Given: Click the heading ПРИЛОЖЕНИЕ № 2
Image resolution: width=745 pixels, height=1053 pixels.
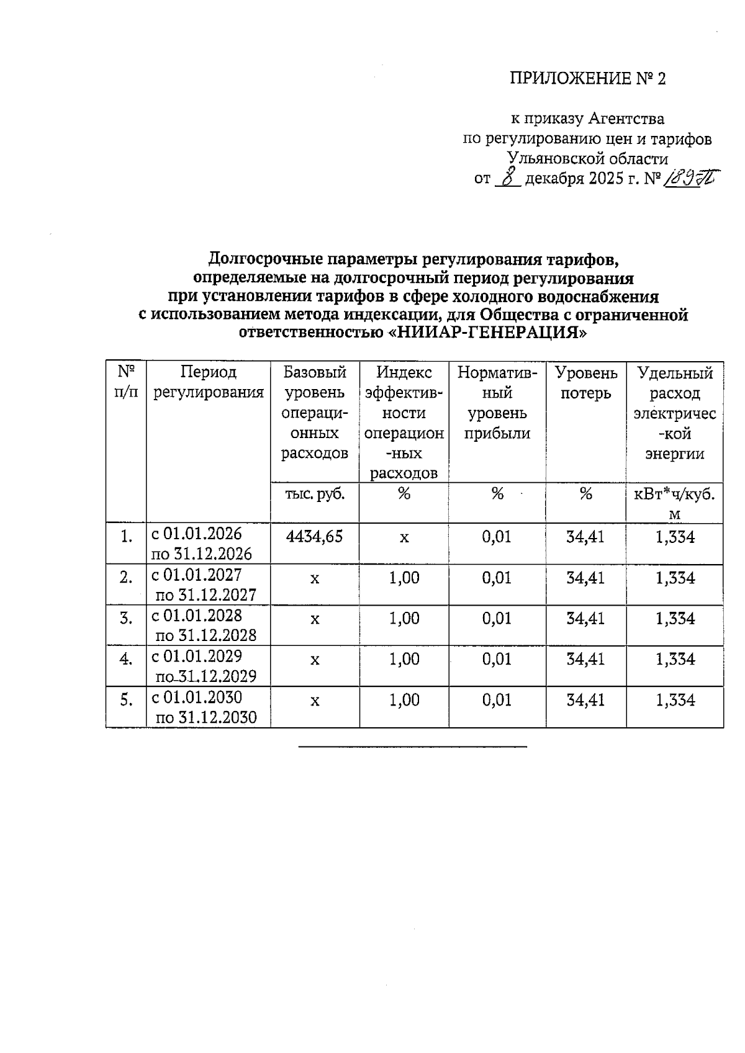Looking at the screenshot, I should [587, 79].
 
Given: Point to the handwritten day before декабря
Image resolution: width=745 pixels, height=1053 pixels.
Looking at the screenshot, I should [508, 179].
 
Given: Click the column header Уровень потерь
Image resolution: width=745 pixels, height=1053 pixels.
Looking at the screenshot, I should [586, 383].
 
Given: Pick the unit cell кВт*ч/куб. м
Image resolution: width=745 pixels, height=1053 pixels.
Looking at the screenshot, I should [675, 503].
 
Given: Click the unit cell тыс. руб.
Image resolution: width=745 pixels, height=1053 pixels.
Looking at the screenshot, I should [315, 494].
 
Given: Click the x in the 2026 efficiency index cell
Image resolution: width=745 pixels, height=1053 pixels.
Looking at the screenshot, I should [404, 537].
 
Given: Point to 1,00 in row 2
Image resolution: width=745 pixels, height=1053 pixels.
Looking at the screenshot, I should [404, 578].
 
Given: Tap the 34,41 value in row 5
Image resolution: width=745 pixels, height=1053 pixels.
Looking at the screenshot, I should [585, 700].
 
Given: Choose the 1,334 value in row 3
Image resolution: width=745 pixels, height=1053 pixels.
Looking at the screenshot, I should [675, 619].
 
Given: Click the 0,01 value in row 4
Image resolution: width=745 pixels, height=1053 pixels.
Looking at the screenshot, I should [497, 659].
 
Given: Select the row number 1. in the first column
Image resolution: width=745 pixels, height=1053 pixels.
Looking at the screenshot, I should [127, 537].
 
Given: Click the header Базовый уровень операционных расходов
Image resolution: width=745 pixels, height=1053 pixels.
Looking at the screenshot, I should [315, 413].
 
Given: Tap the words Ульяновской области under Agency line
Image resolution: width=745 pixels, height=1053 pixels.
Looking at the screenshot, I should [587, 159].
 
